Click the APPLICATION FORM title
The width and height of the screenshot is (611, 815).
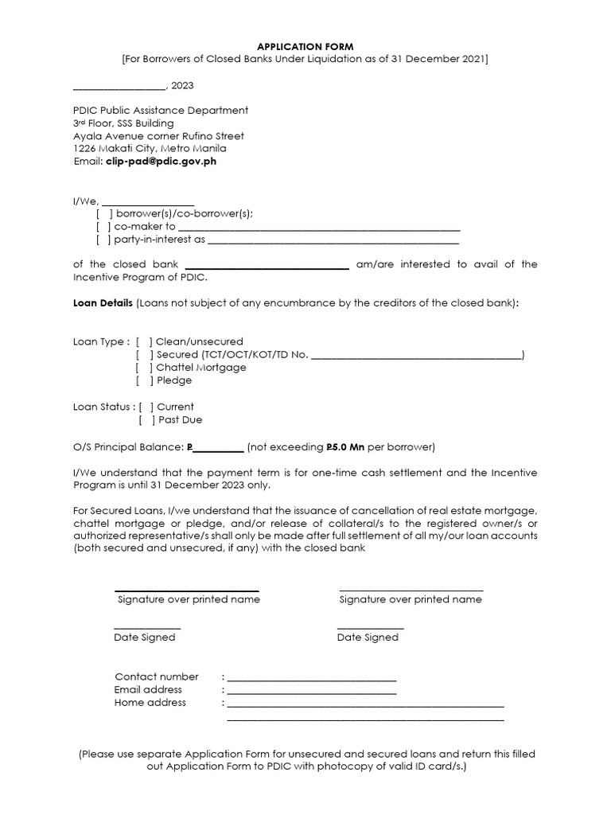(x=305, y=47)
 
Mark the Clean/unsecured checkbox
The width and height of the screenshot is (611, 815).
(x=144, y=341)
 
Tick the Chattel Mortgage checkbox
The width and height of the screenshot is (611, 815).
(x=144, y=368)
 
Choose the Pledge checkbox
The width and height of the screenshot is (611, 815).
(x=144, y=380)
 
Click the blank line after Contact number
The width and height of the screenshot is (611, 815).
(x=311, y=678)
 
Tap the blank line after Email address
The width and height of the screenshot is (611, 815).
(x=311, y=691)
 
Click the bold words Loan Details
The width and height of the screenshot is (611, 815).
(x=103, y=303)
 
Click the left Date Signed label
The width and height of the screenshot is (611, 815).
(x=145, y=638)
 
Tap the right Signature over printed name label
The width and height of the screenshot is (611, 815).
(x=411, y=599)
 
